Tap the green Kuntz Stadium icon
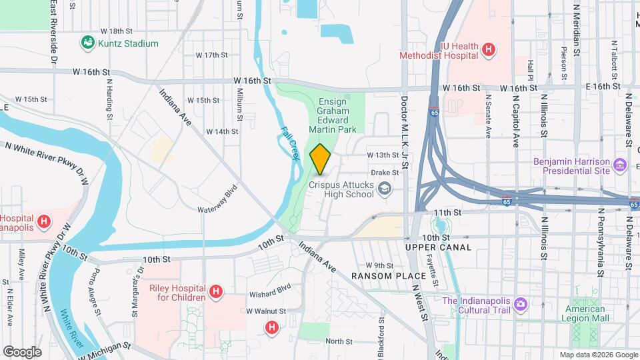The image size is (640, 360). [87, 43]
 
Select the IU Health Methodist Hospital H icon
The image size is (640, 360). [489, 49]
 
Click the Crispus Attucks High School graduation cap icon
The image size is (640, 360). [384, 191]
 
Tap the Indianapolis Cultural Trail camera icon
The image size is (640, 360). [520, 305]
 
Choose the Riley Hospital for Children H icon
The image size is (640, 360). [215, 291]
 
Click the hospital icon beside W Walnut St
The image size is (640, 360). [271, 327]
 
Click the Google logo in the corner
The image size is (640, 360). [22, 351]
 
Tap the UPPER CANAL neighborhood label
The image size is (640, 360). [438, 247]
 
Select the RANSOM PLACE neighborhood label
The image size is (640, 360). [389, 276]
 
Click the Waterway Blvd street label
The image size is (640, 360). [218, 199]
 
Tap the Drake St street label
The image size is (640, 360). [385, 172]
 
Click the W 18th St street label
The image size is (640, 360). [117, 31]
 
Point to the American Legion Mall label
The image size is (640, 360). [587, 313]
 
